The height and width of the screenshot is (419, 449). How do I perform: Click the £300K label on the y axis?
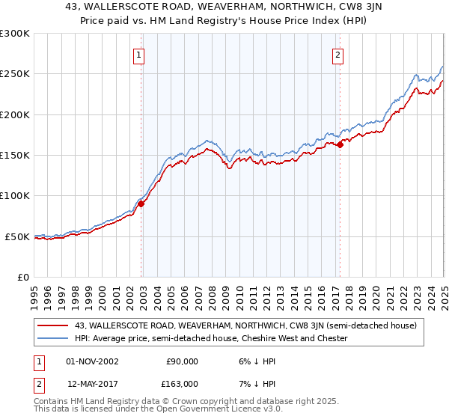[15, 34]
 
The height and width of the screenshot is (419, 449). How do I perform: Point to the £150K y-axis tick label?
[15, 156]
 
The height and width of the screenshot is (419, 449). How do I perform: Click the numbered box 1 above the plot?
[140, 54]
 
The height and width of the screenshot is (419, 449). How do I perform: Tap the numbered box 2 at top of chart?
[338, 54]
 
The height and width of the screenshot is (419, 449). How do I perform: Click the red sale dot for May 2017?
[340, 145]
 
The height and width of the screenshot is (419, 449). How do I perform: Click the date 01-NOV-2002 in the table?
[93, 361]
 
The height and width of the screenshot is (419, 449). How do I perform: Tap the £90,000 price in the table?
[182, 361]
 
